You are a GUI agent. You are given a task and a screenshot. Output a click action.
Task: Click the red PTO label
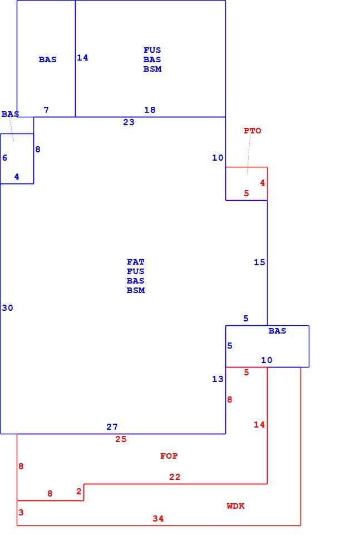point(253,131)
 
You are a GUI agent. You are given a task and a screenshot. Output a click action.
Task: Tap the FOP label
point(169,456)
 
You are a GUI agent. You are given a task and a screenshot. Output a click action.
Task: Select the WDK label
point(236,506)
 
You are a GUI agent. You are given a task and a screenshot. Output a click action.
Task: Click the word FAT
point(136,262)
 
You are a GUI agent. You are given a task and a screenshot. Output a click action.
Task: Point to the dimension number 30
point(7,308)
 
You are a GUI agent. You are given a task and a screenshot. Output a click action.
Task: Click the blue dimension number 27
point(112,427)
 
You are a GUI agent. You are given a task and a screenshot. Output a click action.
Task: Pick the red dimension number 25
point(121,439)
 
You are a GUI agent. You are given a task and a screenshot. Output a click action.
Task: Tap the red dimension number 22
point(175,477)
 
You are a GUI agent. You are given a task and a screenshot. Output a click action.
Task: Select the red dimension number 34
point(158,519)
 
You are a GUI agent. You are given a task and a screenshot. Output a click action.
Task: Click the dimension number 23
point(129,122)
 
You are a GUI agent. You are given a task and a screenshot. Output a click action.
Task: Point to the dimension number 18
point(150,110)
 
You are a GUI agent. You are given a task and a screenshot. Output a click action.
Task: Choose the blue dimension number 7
point(46,110)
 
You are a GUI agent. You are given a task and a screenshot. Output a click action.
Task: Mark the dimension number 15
point(259,262)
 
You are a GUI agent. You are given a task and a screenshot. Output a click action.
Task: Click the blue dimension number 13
point(218,379)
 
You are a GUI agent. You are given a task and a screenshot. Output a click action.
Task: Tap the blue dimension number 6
point(4,158)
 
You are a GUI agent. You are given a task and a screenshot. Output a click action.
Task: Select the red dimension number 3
point(21,513)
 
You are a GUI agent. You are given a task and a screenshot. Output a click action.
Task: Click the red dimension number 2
point(79,492)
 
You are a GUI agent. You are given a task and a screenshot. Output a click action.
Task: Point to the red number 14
point(259,424)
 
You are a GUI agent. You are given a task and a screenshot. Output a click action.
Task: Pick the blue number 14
point(83,57)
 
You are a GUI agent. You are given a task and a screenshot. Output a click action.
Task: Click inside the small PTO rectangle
point(246,183)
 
